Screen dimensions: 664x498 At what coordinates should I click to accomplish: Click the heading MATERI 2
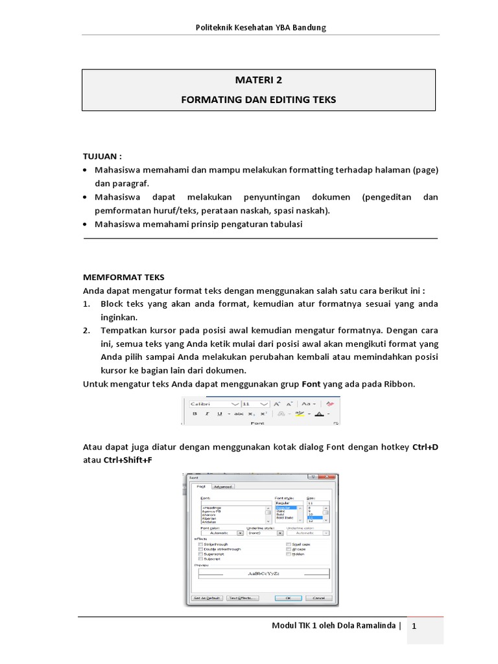[x=258, y=80]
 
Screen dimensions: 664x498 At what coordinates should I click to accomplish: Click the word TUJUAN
[x=101, y=157]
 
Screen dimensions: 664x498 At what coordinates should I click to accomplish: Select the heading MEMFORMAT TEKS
[x=124, y=276]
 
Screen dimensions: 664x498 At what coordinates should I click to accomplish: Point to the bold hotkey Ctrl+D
[x=425, y=447]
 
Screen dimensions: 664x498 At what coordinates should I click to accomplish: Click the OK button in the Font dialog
[x=287, y=597]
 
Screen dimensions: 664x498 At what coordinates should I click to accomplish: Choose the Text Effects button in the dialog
[x=243, y=597]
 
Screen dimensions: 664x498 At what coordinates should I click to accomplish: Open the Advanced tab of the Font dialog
[x=224, y=486]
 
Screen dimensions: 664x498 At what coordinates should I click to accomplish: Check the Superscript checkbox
[x=201, y=554]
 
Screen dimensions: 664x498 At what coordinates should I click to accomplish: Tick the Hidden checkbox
[x=289, y=554]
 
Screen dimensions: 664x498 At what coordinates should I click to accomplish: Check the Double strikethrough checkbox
[x=201, y=549]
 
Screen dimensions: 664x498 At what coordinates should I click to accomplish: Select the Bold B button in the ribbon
[x=194, y=413]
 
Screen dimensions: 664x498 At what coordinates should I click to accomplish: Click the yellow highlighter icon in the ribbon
[x=299, y=413]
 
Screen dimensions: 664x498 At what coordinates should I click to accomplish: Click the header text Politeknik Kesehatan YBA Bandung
[x=261, y=27]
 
